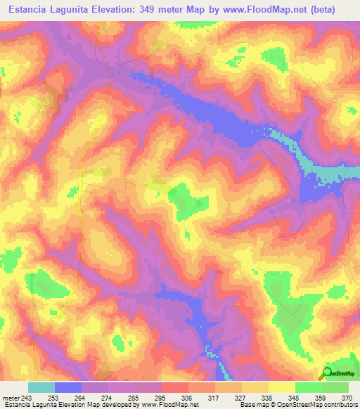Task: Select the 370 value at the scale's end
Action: coord(347,397)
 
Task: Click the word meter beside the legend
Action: coord(11,397)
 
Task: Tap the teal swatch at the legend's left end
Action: coord(41,387)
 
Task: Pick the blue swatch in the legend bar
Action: coord(68,387)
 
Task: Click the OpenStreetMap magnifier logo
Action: coord(327,372)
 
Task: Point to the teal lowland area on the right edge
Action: coord(337,173)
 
